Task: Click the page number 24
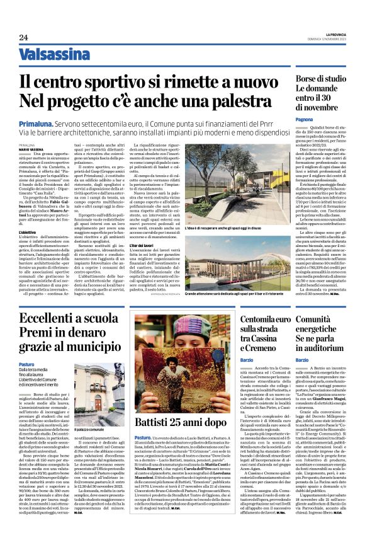click(23, 38)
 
